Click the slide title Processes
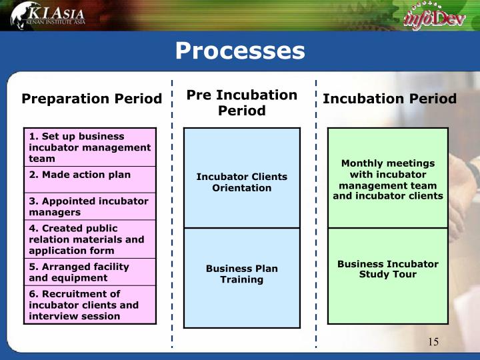(240, 51)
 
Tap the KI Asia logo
(48, 15)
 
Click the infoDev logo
(435, 17)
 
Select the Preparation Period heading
(91, 99)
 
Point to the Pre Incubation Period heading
(242, 103)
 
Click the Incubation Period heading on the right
(390, 99)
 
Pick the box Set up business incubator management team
(90, 147)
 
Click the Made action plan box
(90, 180)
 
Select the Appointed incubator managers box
(90, 206)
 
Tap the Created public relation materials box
(90, 239)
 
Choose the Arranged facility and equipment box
(90, 272)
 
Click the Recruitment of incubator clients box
(90, 305)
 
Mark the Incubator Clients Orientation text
(242, 182)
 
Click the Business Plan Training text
(242, 274)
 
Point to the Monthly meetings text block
(388, 179)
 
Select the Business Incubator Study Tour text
(388, 269)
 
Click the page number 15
(433, 341)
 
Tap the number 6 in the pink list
(32, 294)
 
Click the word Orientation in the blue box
(242, 188)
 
